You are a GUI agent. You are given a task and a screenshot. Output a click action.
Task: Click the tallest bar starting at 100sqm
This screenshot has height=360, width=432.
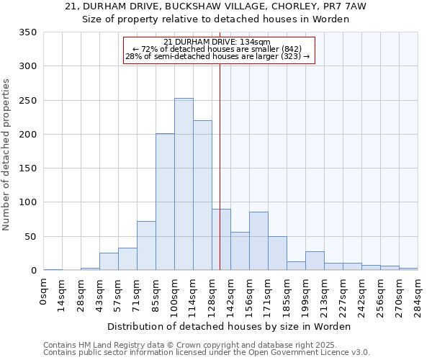click(184, 184)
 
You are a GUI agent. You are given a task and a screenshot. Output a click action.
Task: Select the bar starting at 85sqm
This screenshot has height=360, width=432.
click(165, 202)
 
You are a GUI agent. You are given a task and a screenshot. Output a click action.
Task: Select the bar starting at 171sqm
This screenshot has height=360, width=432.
click(277, 253)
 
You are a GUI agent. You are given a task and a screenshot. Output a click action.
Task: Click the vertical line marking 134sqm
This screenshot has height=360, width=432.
click(220, 166)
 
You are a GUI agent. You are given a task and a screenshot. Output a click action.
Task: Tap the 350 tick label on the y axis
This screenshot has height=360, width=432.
click(27, 32)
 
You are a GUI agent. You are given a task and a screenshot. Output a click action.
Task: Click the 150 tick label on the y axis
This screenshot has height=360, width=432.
click(27, 168)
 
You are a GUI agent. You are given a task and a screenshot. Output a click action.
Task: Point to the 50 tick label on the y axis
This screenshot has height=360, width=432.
click(30, 237)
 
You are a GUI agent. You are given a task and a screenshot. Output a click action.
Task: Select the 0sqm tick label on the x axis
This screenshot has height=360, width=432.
click(44, 292)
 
